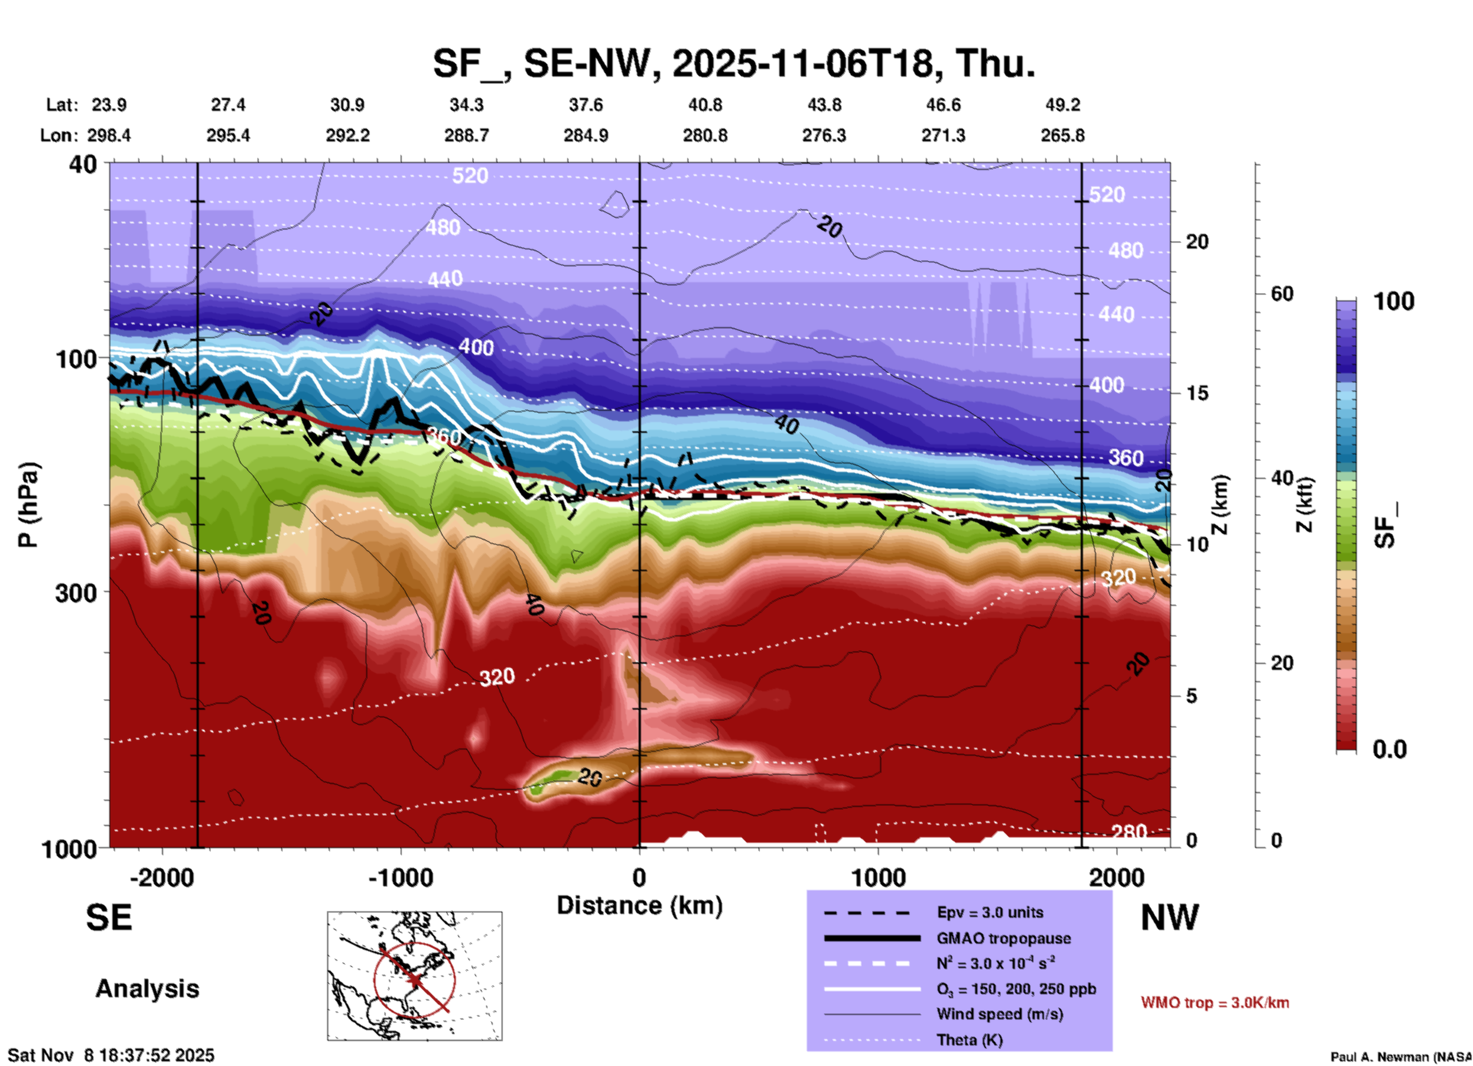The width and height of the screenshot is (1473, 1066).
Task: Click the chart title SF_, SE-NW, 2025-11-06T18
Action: click(734, 63)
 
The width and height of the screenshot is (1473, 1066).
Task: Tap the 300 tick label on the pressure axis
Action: click(76, 593)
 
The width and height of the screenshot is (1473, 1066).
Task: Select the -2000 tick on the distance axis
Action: click(161, 877)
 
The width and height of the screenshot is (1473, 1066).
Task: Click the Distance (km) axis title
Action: click(639, 905)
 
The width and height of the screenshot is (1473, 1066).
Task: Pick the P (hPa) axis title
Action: click(28, 505)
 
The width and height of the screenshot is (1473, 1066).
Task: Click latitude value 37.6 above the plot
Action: click(586, 105)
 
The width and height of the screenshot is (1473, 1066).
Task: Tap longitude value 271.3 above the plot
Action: click(943, 135)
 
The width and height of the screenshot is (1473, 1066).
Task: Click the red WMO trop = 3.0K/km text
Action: click(1214, 1003)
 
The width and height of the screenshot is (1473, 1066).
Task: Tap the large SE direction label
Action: click(109, 918)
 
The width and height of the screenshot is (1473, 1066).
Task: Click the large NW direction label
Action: click(1169, 918)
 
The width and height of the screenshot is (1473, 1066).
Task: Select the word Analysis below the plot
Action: click(147, 989)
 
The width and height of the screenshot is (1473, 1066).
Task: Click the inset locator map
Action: click(415, 976)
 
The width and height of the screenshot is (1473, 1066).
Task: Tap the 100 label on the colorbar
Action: click(1393, 301)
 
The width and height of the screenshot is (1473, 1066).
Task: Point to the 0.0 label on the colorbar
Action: click(1390, 749)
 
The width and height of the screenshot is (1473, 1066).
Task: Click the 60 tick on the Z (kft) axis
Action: click(1282, 294)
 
